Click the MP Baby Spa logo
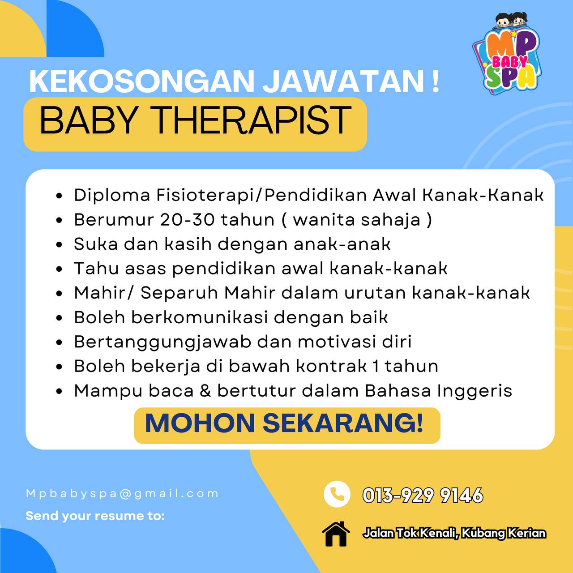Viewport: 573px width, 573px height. [507, 54]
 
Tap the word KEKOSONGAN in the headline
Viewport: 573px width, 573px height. [141, 81]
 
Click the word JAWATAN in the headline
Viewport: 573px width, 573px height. [343, 81]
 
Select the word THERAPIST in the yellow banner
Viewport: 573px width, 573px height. [252, 121]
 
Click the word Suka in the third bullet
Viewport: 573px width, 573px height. [96, 244]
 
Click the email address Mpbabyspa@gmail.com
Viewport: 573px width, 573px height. [122, 494]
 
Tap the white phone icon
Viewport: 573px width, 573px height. [337, 494]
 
